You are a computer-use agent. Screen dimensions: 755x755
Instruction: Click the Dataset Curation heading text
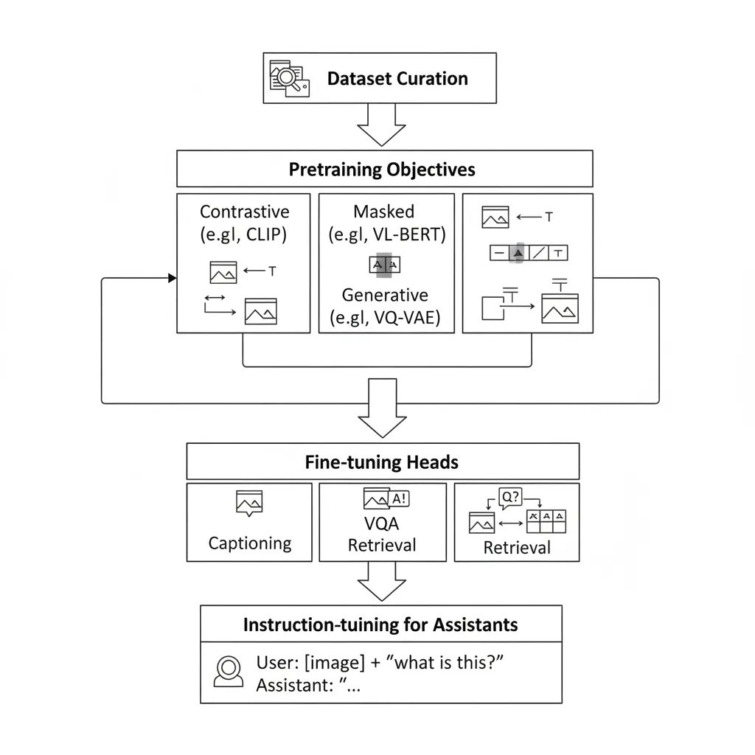coord(397,79)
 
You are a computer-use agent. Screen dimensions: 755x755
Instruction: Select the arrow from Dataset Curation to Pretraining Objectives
coord(381,125)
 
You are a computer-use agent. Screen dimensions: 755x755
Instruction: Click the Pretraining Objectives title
coord(382,170)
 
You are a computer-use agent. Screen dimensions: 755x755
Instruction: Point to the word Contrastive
coord(245,212)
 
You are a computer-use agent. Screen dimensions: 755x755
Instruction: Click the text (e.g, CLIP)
coord(245,237)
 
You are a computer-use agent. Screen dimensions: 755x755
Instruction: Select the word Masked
coord(384,212)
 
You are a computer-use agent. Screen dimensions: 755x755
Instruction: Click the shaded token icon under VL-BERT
coord(384,265)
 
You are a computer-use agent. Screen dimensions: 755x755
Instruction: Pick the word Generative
coord(384,296)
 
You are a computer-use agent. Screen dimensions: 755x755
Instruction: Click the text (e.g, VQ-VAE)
coord(384,319)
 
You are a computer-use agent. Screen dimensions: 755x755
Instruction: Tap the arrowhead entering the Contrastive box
coord(173,278)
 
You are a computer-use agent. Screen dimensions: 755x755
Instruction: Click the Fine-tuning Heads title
coord(382,462)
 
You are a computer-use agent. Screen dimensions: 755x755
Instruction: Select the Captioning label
coord(250,543)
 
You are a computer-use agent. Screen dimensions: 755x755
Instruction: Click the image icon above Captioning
coord(249,502)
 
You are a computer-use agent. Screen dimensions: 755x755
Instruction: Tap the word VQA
coord(382,524)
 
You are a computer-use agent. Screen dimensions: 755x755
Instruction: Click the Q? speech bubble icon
coord(510,498)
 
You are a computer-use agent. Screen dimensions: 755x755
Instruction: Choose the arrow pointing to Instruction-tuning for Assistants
coord(381,582)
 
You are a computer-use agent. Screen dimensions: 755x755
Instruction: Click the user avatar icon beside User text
coord(228,671)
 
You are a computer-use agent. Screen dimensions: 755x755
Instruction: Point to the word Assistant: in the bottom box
coord(292,685)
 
